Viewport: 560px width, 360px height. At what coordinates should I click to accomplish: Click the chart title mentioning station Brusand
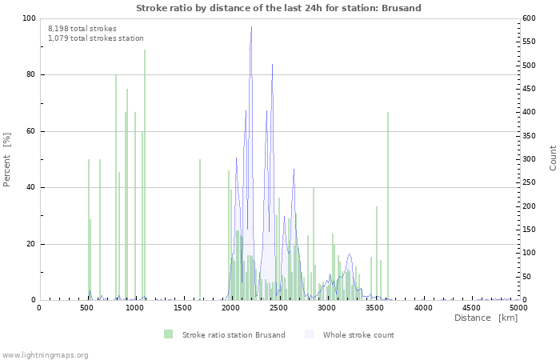click(x=278, y=8)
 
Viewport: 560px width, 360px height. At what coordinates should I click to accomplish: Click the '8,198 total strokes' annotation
click(x=82, y=29)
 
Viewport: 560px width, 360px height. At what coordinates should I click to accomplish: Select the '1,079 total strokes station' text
click(x=96, y=38)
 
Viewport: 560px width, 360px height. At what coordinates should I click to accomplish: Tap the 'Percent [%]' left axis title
click(x=7, y=159)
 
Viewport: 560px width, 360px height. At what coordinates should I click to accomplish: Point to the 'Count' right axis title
click(x=553, y=158)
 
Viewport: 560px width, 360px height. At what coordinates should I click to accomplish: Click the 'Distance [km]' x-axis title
click(x=486, y=318)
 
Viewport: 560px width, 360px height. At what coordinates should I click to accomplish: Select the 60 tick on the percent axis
click(x=30, y=131)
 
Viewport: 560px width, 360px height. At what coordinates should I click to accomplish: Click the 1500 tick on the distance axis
click(x=183, y=308)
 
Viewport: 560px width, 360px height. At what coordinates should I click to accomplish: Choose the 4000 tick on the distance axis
click(x=422, y=308)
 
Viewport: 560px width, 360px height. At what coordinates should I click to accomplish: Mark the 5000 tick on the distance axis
click(x=518, y=308)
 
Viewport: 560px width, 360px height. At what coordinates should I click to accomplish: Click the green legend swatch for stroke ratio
click(x=168, y=334)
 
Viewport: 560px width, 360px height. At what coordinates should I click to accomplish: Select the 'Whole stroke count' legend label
click(x=358, y=334)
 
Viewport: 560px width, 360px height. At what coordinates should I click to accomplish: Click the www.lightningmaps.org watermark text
click(x=45, y=354)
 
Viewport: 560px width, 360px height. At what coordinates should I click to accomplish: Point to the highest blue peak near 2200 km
click(x=251, y=29)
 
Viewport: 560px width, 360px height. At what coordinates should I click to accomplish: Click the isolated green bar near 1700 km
click(x=200, y=232)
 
